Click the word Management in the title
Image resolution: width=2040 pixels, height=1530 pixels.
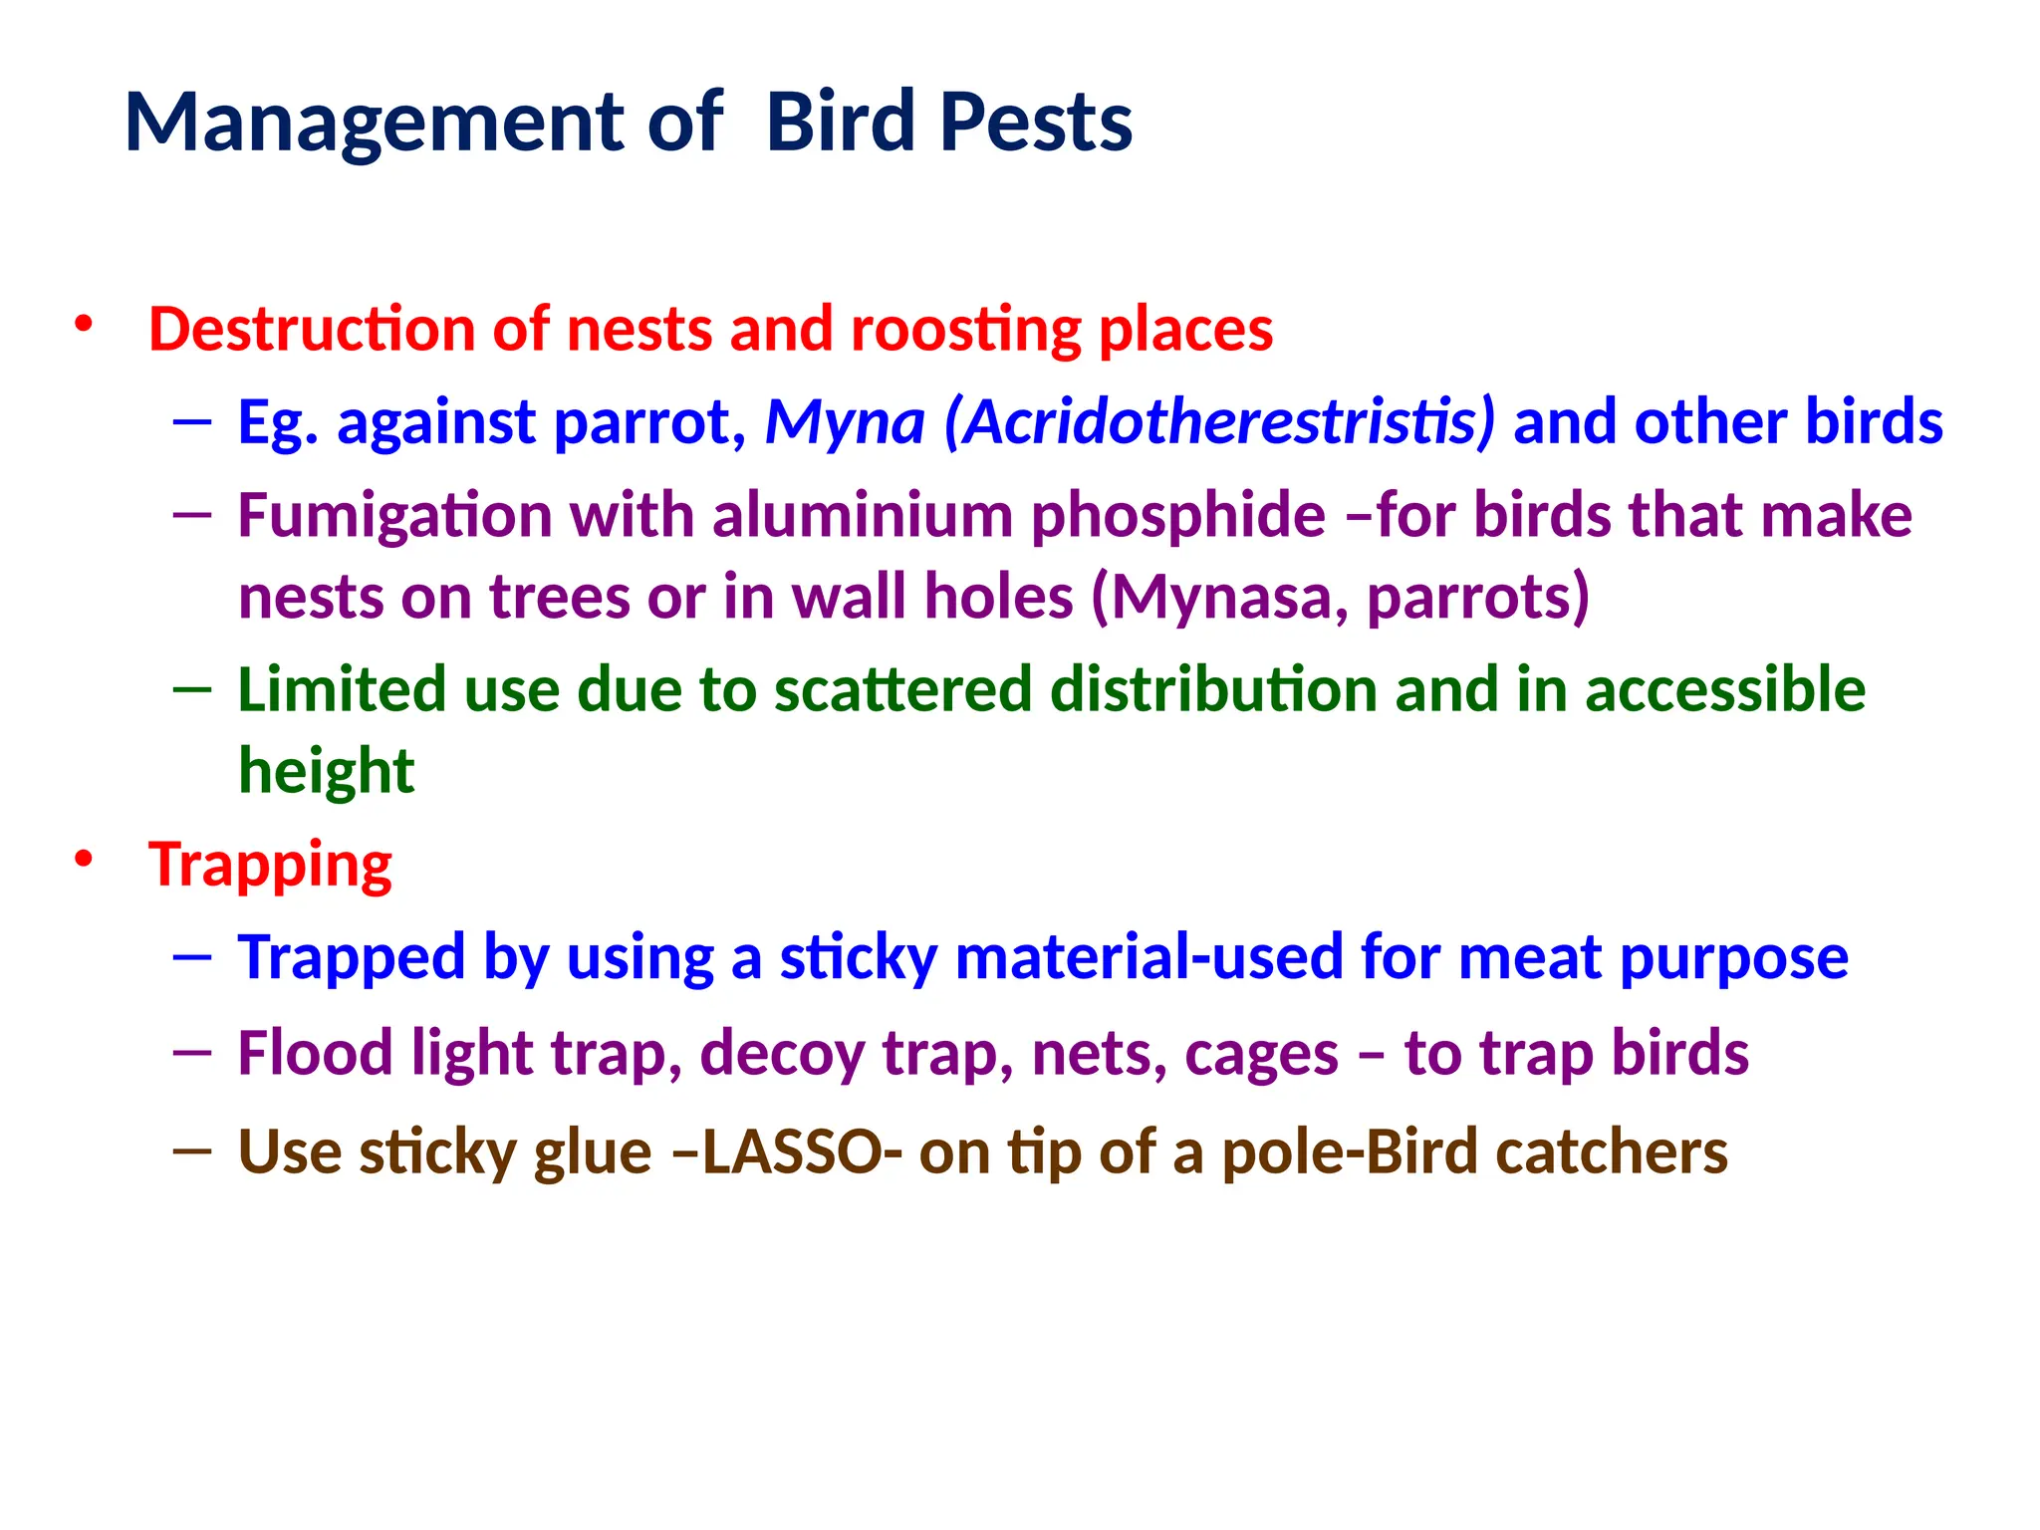(374, 124)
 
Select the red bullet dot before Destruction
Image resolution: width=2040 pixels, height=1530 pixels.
(84, 325)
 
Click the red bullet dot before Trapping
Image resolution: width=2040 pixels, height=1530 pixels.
(84, 859)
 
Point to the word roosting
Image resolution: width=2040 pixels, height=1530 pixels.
(965, 331)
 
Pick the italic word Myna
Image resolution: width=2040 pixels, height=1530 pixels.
(845, 422)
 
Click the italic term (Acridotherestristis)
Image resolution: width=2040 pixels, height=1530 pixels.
(1219, 422)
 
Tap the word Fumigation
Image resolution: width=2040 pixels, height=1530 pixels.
(394, 517)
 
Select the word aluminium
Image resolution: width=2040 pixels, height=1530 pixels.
(861, 515)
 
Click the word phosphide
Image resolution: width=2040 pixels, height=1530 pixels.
(1177, 517)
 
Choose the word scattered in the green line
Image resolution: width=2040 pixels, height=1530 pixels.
(903, 689)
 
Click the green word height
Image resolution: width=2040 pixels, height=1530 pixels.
(326, 772)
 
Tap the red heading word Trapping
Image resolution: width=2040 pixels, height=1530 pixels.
(270, 866)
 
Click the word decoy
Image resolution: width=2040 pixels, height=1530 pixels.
(782, 1055)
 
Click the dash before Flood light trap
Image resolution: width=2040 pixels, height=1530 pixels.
(192, 1052)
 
